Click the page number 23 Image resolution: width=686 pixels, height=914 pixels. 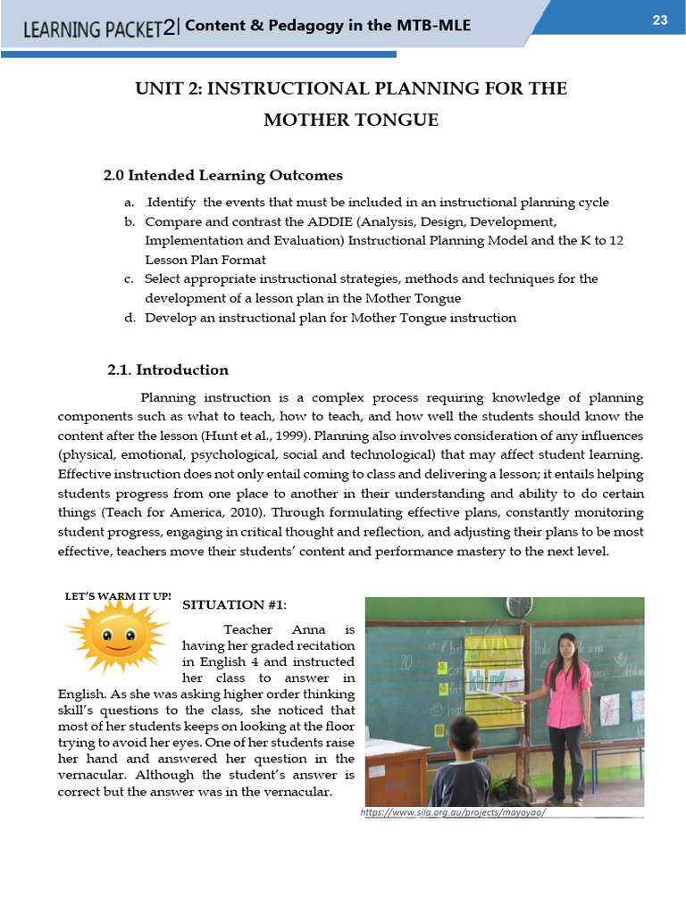coord(660,21)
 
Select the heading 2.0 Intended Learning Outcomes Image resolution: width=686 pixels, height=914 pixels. coord(223,176)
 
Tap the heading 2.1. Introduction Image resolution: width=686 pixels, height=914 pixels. coord(168,370)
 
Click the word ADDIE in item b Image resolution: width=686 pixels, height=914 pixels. coord(329,221)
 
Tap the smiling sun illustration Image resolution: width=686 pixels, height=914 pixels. coord(116,636)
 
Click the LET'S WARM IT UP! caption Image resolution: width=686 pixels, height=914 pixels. coord(118,595)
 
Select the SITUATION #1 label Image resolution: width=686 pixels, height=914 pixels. coord(235,605)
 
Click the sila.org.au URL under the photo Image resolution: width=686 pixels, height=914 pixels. coord(453,813)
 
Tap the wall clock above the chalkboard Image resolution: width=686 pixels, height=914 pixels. coord(520,607)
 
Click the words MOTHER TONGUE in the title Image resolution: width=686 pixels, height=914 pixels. coord(350,120)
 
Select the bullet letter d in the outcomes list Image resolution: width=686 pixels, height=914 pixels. coord(130,318)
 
